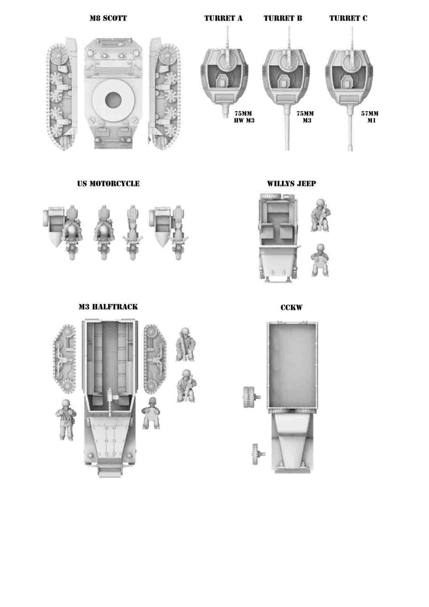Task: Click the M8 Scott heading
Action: pos(108,18)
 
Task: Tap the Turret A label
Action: pos(223,18)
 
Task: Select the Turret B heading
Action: pos(283,18)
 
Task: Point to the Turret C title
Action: pos(348,18)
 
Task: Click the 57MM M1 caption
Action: pos(370,117)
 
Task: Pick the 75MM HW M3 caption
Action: pos(243,117)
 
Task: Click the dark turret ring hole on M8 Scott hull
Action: pos(113,100)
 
